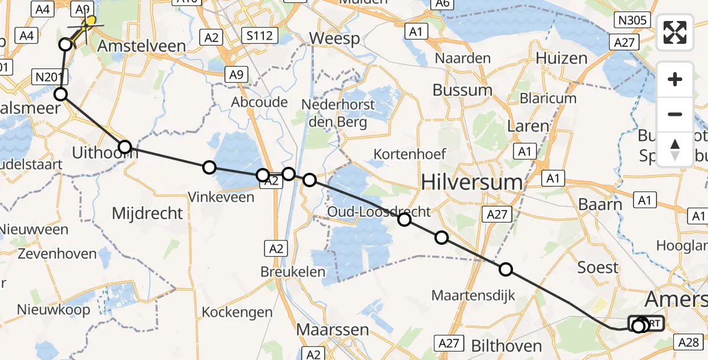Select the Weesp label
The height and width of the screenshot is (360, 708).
pos(334,39)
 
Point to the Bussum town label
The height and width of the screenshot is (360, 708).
pos(463,91)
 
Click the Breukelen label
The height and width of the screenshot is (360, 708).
pos(293,271)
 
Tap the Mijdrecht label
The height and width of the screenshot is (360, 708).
pos(148,212)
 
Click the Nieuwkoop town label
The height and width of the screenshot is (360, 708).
pos(53,310)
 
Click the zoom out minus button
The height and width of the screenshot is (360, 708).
pos(675,114)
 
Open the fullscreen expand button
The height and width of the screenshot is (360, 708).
pos(675,32)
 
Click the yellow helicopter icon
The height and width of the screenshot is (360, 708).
pos(89,22)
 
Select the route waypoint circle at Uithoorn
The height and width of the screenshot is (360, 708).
pos(124,147)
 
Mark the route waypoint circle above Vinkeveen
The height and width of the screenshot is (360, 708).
pos(209,167)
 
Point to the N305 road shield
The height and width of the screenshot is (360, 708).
pos(631,20)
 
